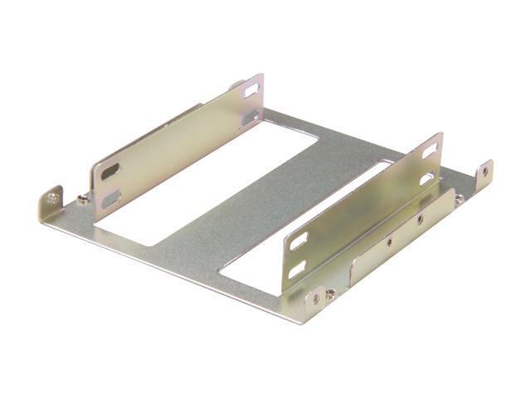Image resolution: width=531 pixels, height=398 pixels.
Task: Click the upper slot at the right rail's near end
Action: (298, 241)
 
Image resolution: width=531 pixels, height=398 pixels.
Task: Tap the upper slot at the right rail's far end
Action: (430, 150)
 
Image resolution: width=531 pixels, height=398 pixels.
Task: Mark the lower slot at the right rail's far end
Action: (427, 177)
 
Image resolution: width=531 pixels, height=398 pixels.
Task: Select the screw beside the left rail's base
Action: (83, 199)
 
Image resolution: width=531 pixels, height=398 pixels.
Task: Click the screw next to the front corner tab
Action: (330, 294)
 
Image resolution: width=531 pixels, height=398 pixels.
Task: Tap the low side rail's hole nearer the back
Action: (420, 220)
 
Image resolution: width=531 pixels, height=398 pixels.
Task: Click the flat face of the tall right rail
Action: (365, 207)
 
